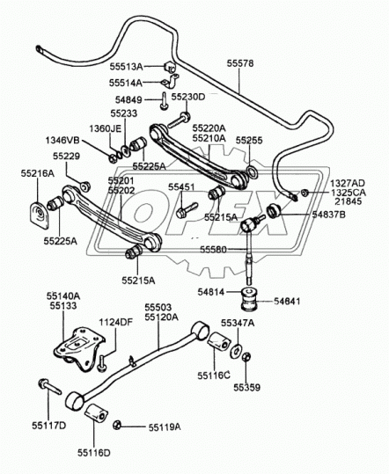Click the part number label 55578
240,63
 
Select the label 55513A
126,67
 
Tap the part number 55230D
188,97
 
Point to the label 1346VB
62,141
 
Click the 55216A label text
38,173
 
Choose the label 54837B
329,215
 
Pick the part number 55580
213,250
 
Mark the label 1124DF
116,322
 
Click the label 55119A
165,427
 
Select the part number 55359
246,387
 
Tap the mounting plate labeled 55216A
40,215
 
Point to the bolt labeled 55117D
49,386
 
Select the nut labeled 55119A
116,425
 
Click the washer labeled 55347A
235,352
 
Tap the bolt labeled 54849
164,100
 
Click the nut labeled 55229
85,186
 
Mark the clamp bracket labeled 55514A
170,82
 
